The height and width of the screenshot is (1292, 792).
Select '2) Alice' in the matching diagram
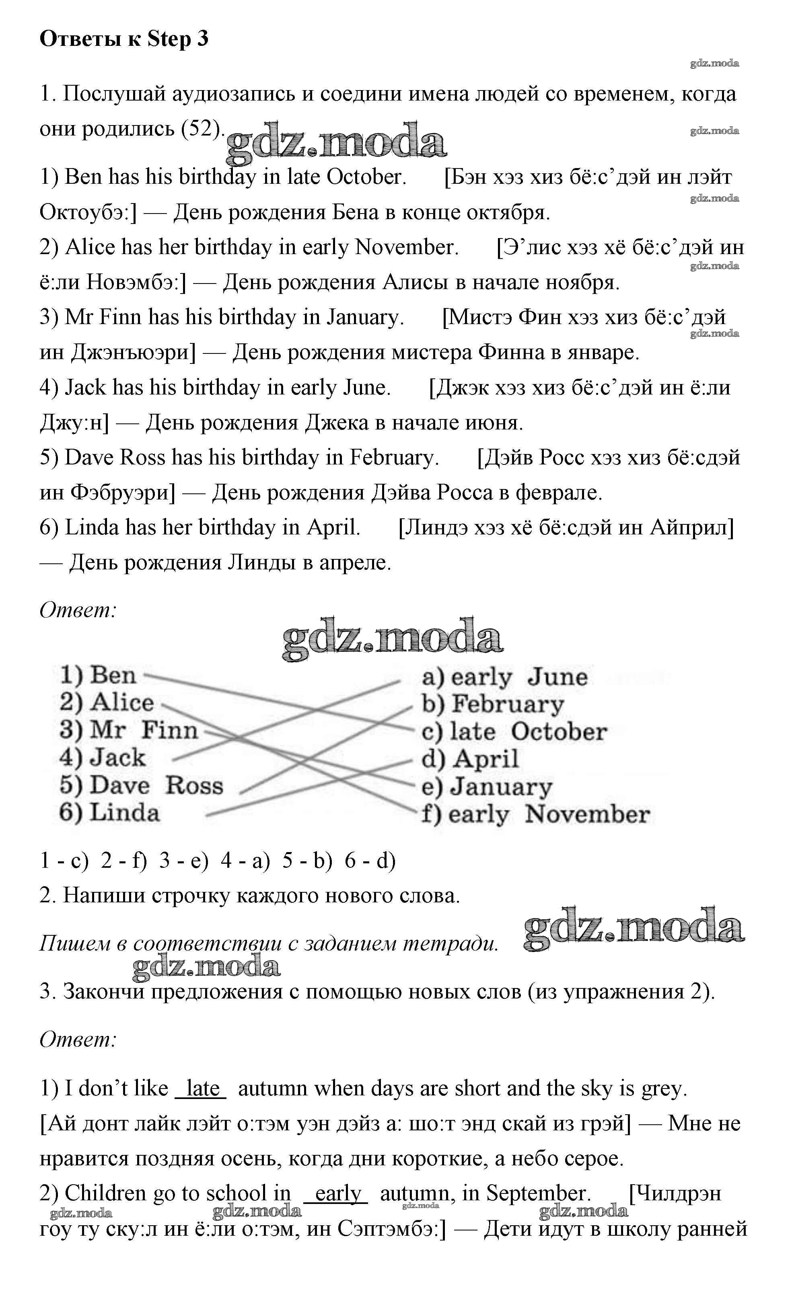[x=107, y=702]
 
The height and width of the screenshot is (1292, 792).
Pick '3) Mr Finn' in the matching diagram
[x=128, y=730]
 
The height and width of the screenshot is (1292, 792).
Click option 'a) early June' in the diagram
[x=504, y=677]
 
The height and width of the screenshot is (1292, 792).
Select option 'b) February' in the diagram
[x=492, y=704]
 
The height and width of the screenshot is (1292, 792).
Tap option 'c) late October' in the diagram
[x=514, y=732]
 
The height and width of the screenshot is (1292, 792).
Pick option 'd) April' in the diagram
[x=470, y=759]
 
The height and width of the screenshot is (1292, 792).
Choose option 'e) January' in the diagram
[x=487, y=787]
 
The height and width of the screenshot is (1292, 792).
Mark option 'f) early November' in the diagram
[x=535, y=815]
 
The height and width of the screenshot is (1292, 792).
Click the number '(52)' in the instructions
[x=200, y=128]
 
